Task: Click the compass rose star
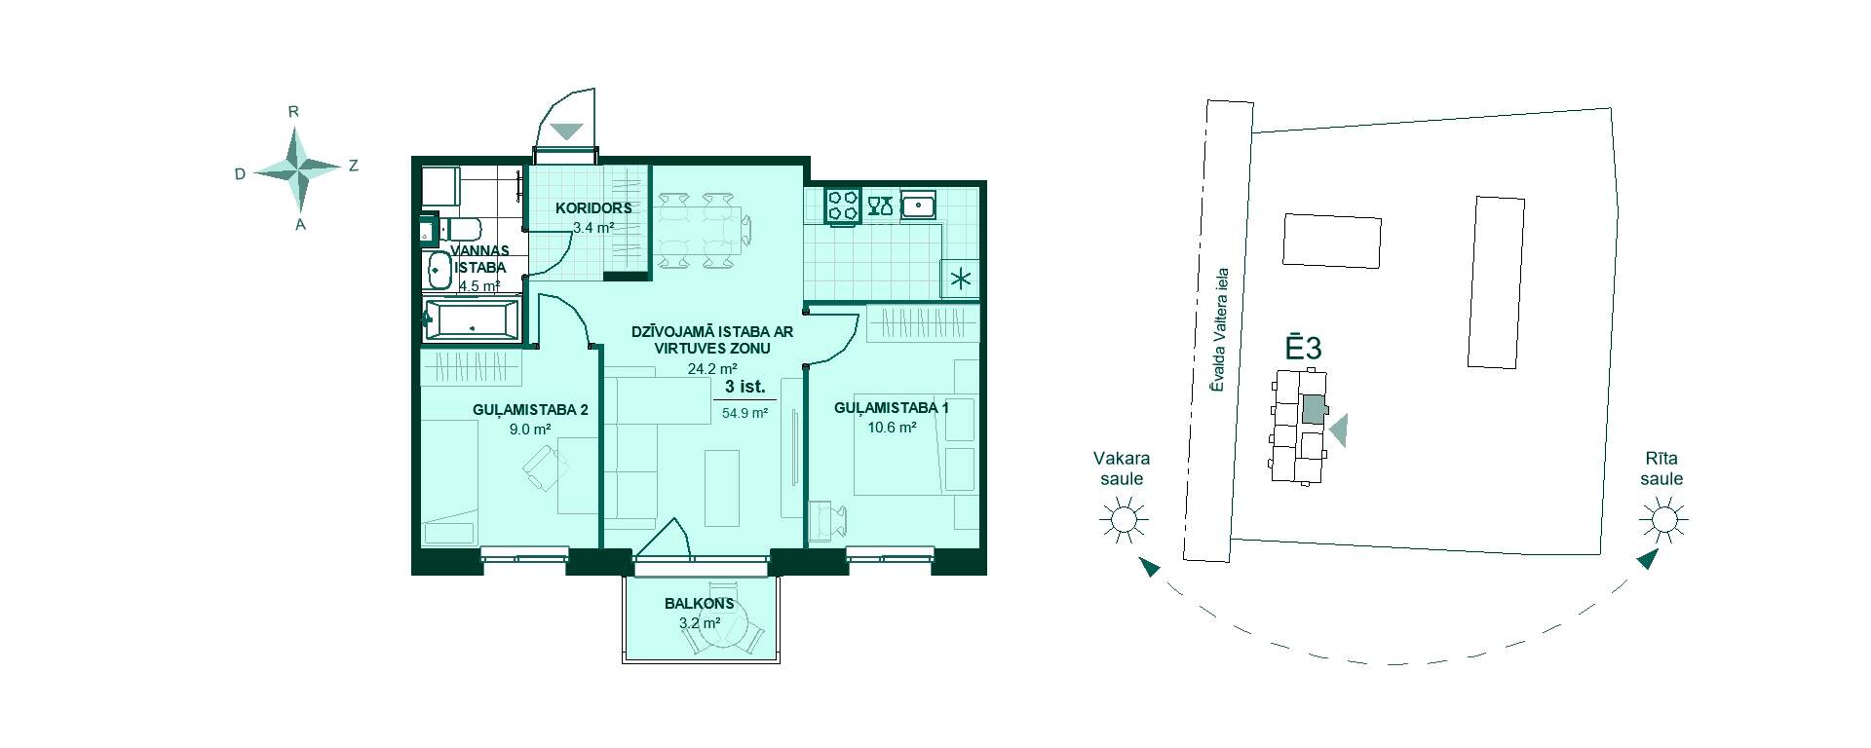[x=297, y=169]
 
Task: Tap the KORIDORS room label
[x=593, y=207]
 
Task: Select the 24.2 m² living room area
[x=712, y=369]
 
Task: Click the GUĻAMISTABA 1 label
[x=892, y=408]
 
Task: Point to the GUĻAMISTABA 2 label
[x=530, y=410]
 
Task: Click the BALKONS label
[x=700, y=604]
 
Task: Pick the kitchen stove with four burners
[x=842, y=206]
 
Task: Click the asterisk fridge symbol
[x=961, y=280]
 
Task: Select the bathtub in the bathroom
[x=472, y=320]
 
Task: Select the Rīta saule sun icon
[x=1662, y=520]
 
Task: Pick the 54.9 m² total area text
[x=745, y=413]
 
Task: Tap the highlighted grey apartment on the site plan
[x=1315, y=409]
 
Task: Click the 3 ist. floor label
[x=745, y=387]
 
